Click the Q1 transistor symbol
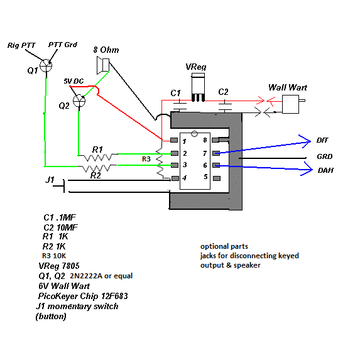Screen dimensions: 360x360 click(x=46, y=66)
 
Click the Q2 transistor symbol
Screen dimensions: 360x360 click(x=79, y=101)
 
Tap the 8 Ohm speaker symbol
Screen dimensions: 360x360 click(x=103, y=65)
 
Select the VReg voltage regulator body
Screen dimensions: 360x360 click(x=198, y=87)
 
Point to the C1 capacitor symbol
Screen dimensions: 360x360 click(x=180, y=106)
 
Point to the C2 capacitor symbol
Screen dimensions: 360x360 click(x=224, y=106)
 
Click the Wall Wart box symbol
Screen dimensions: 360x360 click(x=290, y=104)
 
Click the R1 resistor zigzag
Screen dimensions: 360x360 click(x=98, y=158)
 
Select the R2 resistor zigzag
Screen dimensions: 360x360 click(x=97, y=168)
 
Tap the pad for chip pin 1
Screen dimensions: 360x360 click(x=174, y=140)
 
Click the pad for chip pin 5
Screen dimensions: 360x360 click(x=217, y=178)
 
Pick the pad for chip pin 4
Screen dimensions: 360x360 click(x=175, y=178)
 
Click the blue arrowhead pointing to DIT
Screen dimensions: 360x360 click(x=305, y=141)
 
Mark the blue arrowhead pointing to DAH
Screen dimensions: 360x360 click(x=307, y=169)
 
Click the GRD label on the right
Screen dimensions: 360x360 click(x=325, y=156)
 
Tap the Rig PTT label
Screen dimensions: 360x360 click(x=21, y=45)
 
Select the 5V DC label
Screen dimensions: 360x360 click(x=74, y=81)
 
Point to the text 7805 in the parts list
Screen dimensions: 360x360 click(x=71, y=266)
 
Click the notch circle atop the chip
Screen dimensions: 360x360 click(x=195, y=133)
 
